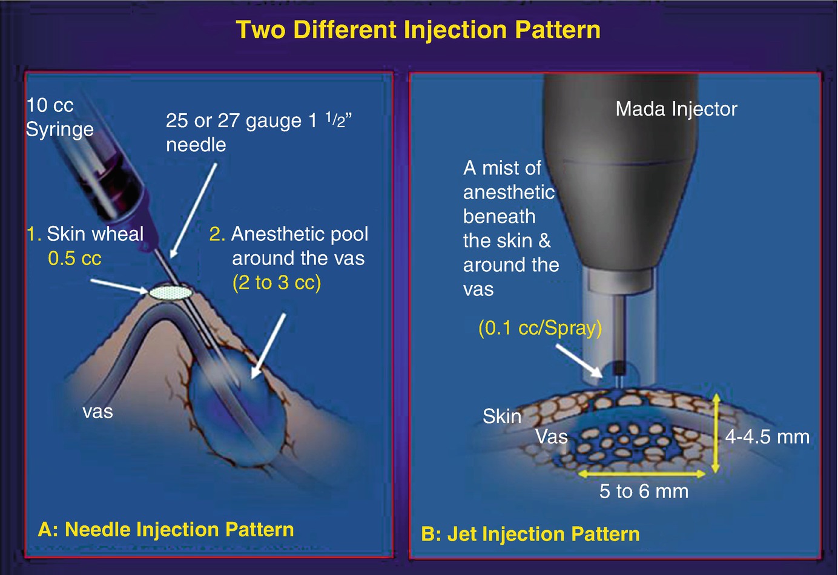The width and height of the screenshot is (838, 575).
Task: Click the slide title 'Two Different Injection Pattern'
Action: pos(418,30)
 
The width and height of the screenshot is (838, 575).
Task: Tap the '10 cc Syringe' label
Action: pos(59,117)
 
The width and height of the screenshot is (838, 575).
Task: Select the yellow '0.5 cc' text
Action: pos(74,258)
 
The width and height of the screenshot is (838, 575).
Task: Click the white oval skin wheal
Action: pos(171,292)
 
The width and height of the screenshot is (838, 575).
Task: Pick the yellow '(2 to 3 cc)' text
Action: pos(277,283)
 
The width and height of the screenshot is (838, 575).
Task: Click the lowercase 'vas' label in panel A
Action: pos(97,412)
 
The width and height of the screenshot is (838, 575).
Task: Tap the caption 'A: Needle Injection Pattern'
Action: pos(166,530)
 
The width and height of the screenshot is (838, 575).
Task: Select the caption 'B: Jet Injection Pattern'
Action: pos(530,534)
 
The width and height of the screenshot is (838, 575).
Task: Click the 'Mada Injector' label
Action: pos(676,109)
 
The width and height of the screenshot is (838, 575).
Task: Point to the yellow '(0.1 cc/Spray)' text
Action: pos(540,328)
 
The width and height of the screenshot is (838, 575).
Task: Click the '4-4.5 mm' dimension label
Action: pos(767,436)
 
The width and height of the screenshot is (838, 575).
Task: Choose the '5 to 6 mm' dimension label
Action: pos(644,491)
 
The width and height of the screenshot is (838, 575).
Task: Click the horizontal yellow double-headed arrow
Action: pos(642,474)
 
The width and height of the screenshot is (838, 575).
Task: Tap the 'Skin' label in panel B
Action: pos(502,416)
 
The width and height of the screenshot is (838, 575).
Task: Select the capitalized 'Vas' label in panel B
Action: pos(552,436)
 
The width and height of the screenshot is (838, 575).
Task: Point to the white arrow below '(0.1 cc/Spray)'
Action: pos(579,361)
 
